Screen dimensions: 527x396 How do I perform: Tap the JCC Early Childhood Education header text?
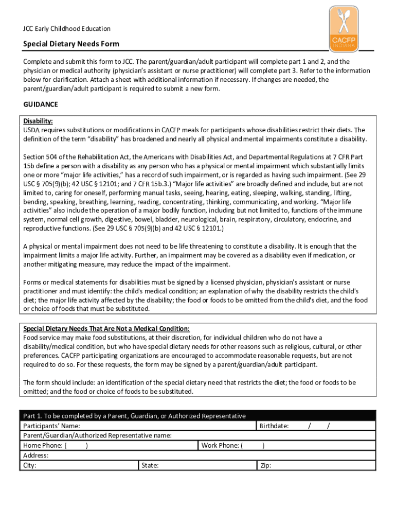coord(67,29)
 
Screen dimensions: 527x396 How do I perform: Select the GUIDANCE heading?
coord(41,104)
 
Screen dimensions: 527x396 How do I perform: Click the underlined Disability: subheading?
coord(38,121)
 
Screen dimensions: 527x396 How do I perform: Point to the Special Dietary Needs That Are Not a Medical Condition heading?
coord(106,328)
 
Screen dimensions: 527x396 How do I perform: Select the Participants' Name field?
coord(165,426)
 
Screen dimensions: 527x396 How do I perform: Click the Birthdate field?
coord(329,426)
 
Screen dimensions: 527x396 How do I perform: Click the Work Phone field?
coord(309,445)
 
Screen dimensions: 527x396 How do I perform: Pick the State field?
coord(206,465)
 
